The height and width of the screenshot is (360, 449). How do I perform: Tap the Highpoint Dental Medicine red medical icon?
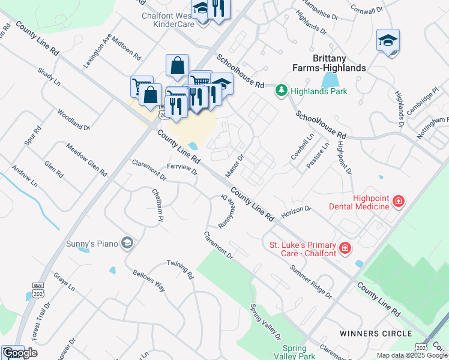[397, 201]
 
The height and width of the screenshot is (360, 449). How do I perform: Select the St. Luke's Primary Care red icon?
[345, 247]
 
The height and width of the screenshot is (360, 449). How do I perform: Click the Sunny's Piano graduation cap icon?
[127, 242]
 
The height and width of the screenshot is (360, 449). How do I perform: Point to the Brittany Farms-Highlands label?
[339, 63]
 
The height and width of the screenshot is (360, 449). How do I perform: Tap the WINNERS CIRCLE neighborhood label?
[375, 333]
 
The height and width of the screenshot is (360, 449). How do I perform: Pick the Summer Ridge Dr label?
[311, 281]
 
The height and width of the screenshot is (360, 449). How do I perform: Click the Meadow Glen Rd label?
[86, 160]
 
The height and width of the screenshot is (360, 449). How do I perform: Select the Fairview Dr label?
[182, 169]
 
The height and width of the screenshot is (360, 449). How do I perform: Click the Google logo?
[20, 353]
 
